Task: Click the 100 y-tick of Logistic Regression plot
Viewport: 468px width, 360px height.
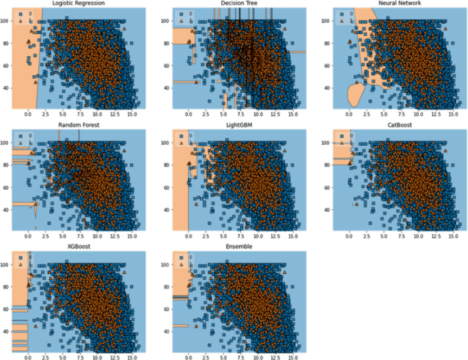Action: tap(6, 21)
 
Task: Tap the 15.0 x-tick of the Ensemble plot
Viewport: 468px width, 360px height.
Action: tap(295, 357)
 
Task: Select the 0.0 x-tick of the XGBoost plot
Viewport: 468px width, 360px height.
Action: tap(27, 357)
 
